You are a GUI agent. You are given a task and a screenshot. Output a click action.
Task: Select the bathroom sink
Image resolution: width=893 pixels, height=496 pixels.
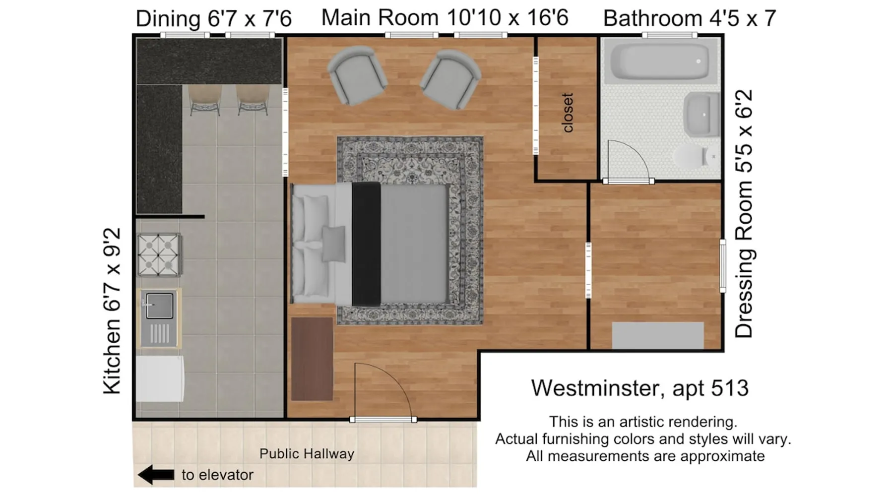(702, 115)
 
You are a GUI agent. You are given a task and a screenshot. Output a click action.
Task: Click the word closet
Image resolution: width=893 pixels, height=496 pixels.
(568, 113)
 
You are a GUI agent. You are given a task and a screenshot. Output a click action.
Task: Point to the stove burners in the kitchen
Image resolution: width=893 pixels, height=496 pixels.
(159, 254)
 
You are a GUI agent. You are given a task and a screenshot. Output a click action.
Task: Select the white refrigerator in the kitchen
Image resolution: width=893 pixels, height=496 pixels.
(160, 378)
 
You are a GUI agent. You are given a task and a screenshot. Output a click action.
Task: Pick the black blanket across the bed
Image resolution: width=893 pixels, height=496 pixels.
(366, 244)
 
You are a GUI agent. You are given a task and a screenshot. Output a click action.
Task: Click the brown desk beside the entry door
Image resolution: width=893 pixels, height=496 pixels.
(312, 359)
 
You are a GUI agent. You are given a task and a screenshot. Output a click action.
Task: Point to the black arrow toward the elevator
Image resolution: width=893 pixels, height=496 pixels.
(156, 475)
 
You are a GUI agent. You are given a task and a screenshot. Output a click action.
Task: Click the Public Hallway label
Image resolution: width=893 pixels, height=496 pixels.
(307, 453)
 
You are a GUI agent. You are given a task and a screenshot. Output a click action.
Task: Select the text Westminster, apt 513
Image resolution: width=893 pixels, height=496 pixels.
(639, 388)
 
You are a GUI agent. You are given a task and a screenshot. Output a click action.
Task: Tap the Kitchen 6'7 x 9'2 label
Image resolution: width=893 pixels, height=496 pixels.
(112, 311)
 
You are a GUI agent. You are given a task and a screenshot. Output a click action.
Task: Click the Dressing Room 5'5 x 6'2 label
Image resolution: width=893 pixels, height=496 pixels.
(744, 214)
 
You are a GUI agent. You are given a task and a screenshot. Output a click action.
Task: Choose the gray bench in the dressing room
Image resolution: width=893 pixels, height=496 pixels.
(658, 336)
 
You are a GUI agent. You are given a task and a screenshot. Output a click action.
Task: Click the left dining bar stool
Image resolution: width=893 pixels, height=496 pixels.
(205, 99)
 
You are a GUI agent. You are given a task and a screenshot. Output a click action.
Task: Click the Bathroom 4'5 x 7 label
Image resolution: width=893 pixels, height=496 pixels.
(690, 18)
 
